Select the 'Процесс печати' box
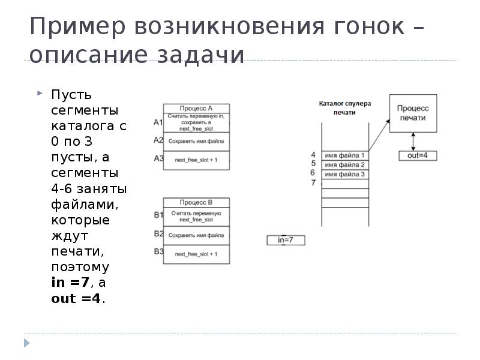pos(413,113)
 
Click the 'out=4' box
pos(418,155)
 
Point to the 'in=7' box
pos(286,240)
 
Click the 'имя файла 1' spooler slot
pos(344,155)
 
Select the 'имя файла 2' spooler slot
pos(344,165)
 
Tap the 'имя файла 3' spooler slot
pos(344,174)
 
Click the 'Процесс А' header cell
pos(196,108)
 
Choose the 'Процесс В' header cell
pos(196,202)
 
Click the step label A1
pos(158,122)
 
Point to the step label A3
pos(158,158)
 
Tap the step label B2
pos(158,233)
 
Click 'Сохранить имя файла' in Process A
pos(196,142)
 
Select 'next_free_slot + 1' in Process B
pos(196,254)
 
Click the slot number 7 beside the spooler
pos(313,183)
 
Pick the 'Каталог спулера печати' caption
pos(344,107)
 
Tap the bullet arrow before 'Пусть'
pos(40,94)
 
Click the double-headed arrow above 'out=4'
pos(413,142)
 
